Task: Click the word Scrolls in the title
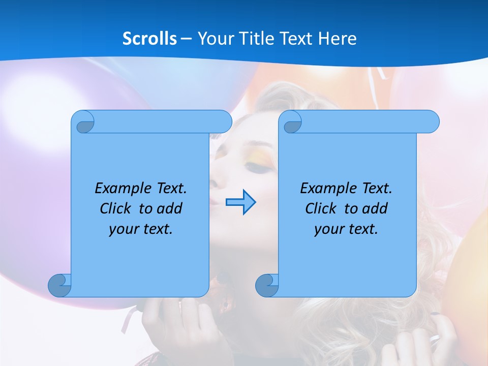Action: coord(150,39)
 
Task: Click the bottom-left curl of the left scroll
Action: coord(59,285)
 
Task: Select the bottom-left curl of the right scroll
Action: coord(266,285)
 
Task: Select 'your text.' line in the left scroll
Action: coord(141,229)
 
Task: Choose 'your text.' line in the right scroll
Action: coord(346,229)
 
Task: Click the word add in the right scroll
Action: coord(375,208)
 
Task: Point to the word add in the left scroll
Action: coord(170,208)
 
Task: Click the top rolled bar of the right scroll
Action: coord(366,121)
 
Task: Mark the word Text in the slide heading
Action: coord(296,39)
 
